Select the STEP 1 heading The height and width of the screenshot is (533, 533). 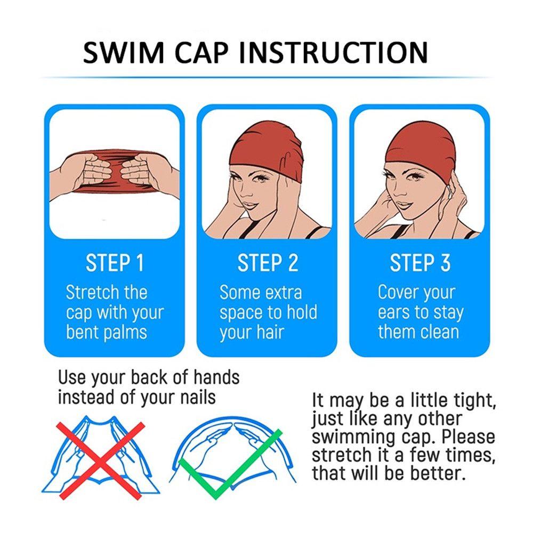click(x=115, y=263)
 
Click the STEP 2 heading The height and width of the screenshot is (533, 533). click(x=268, y=263)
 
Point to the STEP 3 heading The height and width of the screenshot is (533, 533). click(x=420, y=263)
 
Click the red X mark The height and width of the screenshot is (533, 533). click(x=101, y=461)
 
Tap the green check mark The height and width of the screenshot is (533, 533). click(x=230, y=464)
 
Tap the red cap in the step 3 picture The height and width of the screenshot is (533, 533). click(x=421, y=146)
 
